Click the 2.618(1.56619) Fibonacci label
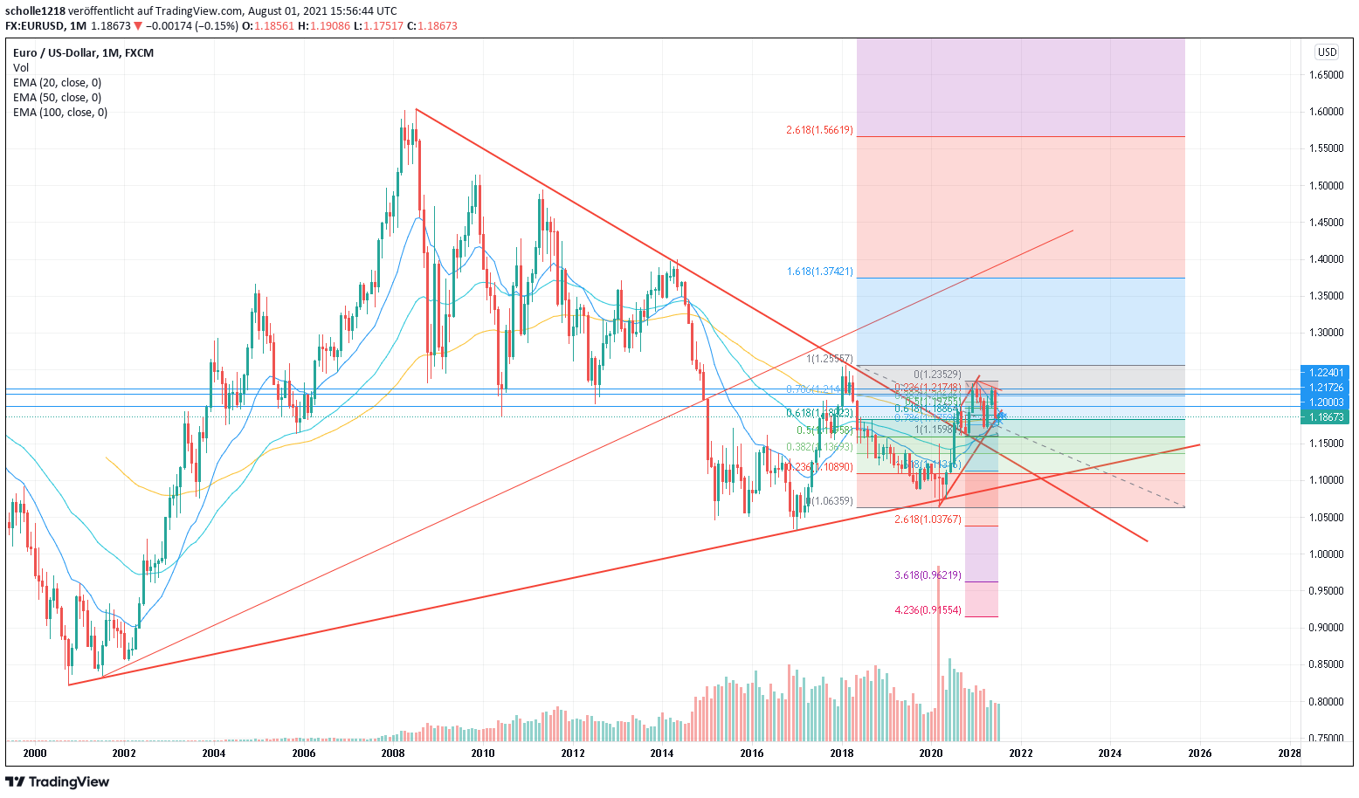(x=819, y=130)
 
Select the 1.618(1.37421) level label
(x=820, y=272)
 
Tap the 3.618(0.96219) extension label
(x=928, y=575)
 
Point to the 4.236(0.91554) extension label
(x=928, y=610)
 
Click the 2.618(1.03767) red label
(x=928, y=519)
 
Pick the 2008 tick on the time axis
(x=393, y=753)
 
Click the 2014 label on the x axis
(x=662, y=753)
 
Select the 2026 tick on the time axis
(x=1200, y=753)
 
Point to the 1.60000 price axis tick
(x=1325, y=112)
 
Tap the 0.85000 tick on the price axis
(x=1325, y=664)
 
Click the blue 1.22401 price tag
(x=1326, y=372)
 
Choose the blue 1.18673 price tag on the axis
(x=1326, y=417)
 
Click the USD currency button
(x=1327, y=52)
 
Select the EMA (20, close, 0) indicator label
(x=57, y=83)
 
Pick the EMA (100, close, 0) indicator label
(x=60, y=113)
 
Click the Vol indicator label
(x=21, y=68)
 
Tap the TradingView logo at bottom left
(x=58, y=781)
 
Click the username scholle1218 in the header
(x=35, y=11)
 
